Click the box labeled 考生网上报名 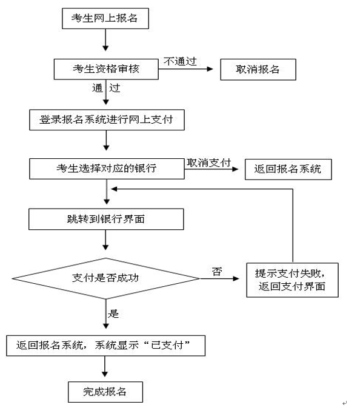pyautogui.click(x=105, y=18)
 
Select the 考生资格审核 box pyautogui.click(x=106, y=69)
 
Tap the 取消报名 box pyautogui.click(x=258, y=69)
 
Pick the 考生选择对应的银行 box pyautogui.click(x=107, y=168)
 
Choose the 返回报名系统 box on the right pyautogui.click(x=288, y=169)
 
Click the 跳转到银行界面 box pyautogui.click(x=106, y=219)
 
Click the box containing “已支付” pyautogui.click(x=107, y=346)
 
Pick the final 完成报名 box pyautogui.click(x=105, y=391)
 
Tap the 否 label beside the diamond pyautogui.click(x=216, y=271)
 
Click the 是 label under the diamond pyautogui.click(x=113, y=314)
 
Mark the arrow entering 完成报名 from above pyautogui.click(x=106, y=367)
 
